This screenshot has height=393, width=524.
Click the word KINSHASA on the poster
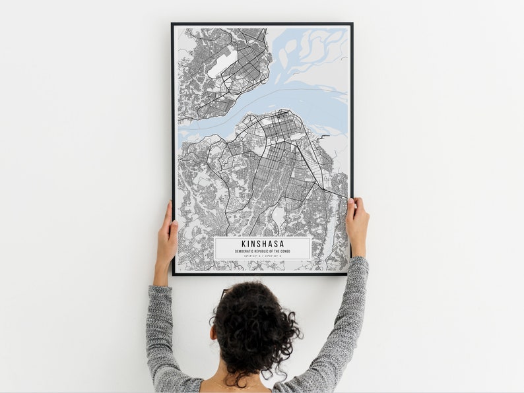(263, 243)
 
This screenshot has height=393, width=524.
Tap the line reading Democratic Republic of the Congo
(263, 251)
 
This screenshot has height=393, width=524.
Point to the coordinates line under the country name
(263, 257)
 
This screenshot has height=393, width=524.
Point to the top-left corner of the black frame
(173, 24)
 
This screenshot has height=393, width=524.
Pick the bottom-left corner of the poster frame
(174, 274)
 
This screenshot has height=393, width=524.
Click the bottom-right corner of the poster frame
(350, 274)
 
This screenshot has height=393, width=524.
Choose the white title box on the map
(263, 248)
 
